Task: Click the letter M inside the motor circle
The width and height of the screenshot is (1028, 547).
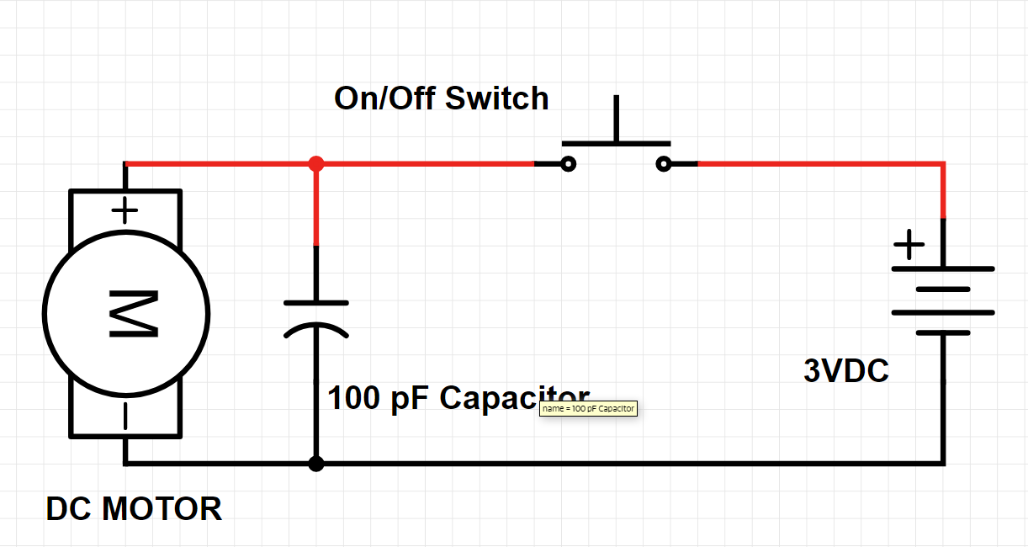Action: click(x=132, y=314)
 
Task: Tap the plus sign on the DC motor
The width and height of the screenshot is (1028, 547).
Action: click(x=125, y=210)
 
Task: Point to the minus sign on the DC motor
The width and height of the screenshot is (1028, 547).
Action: click(x=125, y=417)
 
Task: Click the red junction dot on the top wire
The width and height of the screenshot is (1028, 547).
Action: click(x=315, y=163)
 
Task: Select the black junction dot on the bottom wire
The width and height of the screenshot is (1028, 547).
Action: click(x=315, y=464)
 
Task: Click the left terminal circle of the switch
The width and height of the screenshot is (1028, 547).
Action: click(x=569, y=164)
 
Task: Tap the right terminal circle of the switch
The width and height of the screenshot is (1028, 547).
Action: click(x=664, y=164)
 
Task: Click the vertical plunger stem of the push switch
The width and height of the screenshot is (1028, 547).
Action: click(x=617, y=119)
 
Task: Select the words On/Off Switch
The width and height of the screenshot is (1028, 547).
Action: click(x=441, y=98)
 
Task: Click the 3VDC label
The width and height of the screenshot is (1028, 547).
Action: click(x=845, y=371)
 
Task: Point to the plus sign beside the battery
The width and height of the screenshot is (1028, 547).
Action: click(x=908, y=247)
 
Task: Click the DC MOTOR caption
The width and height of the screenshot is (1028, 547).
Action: click(x=134, y=509)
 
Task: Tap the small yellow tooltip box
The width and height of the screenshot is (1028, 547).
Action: click(x=588, y=409)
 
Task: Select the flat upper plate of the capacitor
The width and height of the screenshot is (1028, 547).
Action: click(x=315, y=302)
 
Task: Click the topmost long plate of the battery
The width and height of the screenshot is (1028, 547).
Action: click(x=943, y=269)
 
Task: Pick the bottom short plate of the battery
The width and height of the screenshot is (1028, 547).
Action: click(x=943, y=332)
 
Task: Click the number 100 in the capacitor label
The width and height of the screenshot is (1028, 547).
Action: click(x=354, y=398)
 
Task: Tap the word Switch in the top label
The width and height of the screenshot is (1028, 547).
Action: click(x=496, y=98)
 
